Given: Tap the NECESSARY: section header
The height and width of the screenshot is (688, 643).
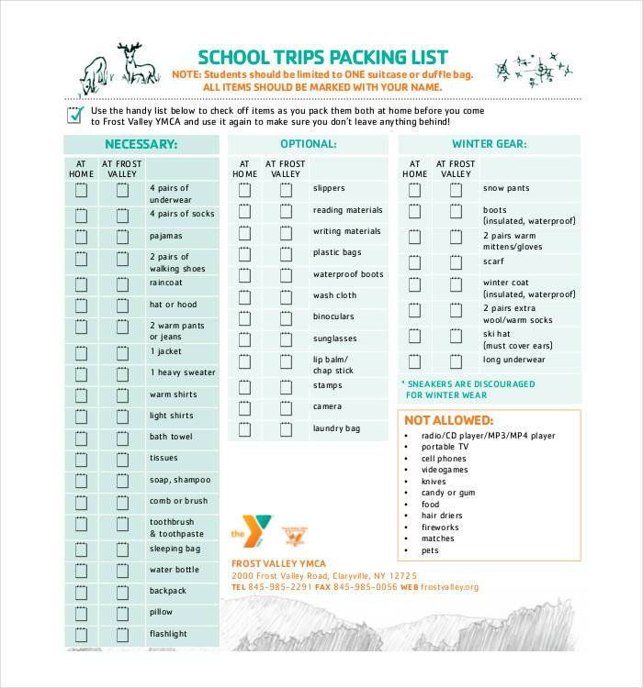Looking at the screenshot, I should point(141,144).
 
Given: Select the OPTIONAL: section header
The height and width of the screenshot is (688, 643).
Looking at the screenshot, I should point(308,144).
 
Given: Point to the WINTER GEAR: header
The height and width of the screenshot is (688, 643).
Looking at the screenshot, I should point(489,144).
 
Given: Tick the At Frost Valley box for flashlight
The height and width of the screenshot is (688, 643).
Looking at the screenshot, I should point(121,635).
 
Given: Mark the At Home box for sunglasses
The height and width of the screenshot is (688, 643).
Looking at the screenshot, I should point(244,339).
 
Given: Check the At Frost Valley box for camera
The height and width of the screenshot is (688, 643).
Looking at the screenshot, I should point(286,407).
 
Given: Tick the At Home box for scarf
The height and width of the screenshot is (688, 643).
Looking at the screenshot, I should point(414,261).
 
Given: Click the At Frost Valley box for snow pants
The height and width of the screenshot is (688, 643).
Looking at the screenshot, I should point(456,190).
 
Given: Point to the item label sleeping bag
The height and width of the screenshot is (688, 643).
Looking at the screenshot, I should point(175,549).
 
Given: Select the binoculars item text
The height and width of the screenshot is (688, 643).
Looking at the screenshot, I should point(333,316).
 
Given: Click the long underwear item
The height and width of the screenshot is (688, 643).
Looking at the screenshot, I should point(514,360).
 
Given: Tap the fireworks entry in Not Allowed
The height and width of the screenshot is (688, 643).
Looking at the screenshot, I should point(440,527).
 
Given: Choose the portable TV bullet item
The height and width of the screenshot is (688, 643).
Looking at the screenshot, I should point(445,447).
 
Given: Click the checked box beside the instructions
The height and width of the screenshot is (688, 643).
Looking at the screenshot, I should point(75,115).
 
